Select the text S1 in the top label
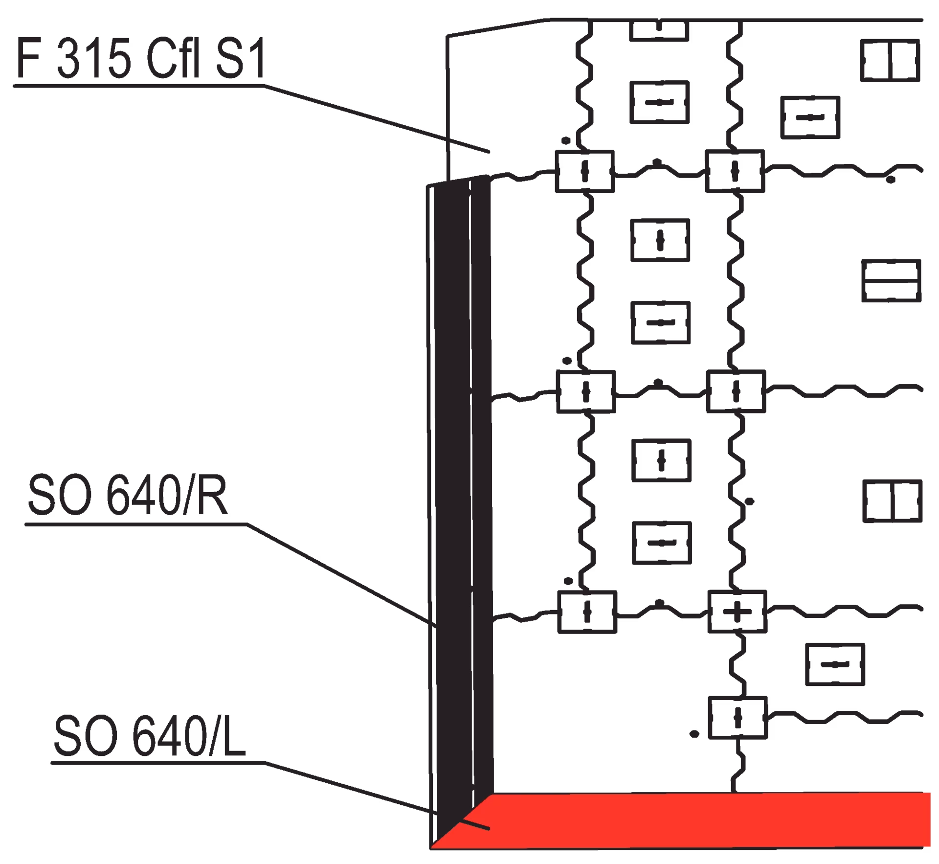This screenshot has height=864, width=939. [239, 60]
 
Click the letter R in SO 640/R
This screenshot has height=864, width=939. [212, 497]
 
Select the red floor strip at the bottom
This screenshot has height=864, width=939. [685, 827]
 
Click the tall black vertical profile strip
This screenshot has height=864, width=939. [460, 489]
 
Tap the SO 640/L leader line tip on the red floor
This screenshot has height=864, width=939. [486, 828]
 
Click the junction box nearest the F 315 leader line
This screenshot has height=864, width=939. [584, 171]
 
